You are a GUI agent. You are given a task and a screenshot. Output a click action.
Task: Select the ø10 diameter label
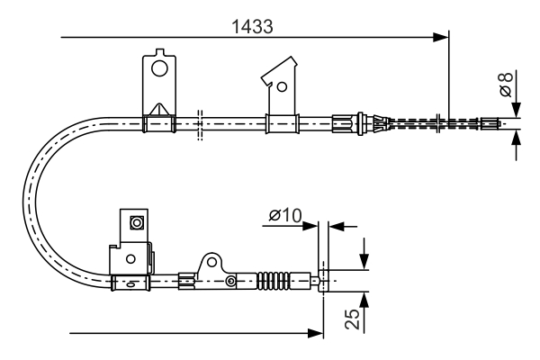tap(284, 215)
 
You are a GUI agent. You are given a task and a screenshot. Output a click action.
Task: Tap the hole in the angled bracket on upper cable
tap(282, 87)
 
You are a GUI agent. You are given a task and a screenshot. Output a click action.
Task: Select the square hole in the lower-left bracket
tap(137, 222)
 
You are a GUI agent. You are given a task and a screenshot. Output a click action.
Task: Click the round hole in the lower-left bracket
tap(131, 259)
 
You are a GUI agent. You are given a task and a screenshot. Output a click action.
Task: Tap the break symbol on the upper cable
tap(200, 123)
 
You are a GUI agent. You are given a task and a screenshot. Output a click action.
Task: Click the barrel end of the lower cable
tap(326, 281)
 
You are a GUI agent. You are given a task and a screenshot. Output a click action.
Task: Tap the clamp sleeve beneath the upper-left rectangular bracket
tap(158, 123)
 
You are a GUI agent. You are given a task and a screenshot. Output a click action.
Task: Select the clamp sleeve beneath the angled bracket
tap(280, 123)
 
